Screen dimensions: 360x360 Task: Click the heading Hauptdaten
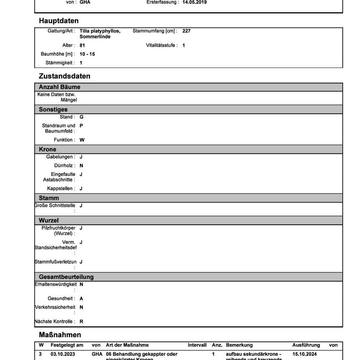click(59, 21)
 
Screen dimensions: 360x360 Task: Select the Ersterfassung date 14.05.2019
click(194, 2)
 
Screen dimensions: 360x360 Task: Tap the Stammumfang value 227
click(186, 31)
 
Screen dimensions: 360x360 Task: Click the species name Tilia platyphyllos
click(100, 31)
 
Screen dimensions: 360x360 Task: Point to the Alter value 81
click(82, 45)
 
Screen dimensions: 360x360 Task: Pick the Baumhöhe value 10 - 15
click(87, 54)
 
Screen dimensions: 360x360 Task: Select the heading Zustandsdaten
click(65, 76)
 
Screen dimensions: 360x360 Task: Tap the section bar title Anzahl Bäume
click(60, 87)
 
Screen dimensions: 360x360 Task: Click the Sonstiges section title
click(53, 109)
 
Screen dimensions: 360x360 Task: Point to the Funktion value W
click(82, 140)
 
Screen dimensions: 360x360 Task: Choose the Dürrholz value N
click(81, 166)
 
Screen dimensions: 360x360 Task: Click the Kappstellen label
click(61, 188)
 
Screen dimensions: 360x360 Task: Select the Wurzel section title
click(49, 221)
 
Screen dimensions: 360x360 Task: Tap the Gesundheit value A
click(81, 299)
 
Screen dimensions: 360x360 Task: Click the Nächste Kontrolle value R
click(82, 322)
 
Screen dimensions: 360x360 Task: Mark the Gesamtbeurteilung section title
click(66, 277)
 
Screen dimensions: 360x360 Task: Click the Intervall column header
click(197, 345)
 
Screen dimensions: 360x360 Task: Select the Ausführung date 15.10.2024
click(304, 354)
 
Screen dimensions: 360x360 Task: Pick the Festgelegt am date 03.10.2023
click(63, 354)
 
